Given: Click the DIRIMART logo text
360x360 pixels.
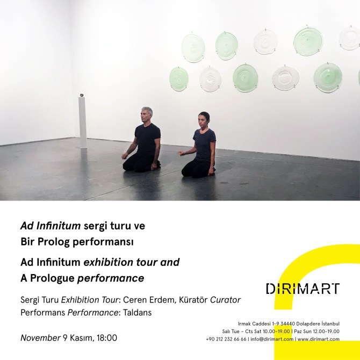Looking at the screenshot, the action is coord(303,289).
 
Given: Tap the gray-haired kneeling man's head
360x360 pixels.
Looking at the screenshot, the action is coord(146,114).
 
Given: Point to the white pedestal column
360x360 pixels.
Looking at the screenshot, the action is coord(82,123).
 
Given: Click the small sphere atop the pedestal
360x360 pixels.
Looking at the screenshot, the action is coord(82,95).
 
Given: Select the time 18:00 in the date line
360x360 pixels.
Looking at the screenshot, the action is coord(107,338).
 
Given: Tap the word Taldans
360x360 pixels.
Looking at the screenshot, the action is coord(138,313).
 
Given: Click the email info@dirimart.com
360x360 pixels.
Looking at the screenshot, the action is coord(272,339).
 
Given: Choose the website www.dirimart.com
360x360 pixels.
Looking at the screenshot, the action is coord(319,339).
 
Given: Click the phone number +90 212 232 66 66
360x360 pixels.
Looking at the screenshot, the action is coord(226,339).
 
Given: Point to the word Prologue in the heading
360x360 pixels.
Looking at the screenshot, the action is coord(52,278).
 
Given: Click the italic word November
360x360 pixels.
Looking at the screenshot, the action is coord(40,338).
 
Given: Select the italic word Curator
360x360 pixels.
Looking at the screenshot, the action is coord(225,300).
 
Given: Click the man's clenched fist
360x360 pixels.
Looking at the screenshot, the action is coord(125,156).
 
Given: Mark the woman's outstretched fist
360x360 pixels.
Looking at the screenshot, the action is coord(182,153).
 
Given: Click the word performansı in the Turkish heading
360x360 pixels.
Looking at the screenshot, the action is coord(103,242).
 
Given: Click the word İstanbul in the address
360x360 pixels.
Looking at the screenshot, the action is coord(330,323).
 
